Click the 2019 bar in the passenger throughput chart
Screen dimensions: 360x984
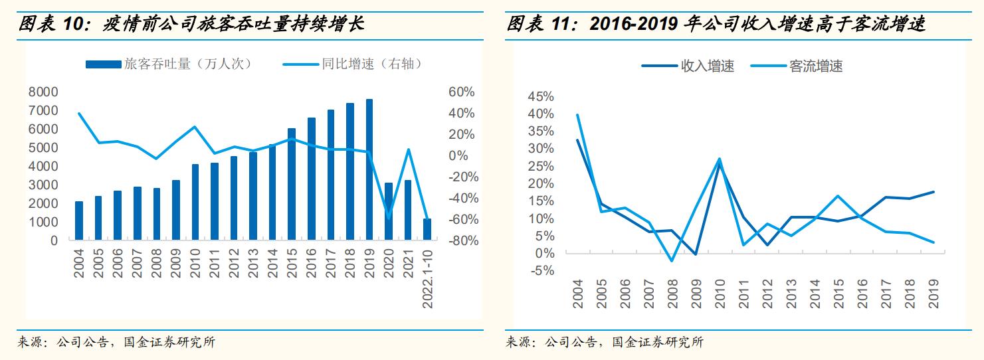(369, 169)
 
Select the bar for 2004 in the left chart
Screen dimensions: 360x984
(79, 221)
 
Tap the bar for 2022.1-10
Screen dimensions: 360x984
(427, 229)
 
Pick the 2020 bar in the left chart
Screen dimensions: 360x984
(389, 211)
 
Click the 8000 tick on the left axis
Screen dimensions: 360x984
(43, 92)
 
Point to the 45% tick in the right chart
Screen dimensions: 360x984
(540, 97)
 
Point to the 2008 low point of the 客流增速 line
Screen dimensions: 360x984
(671, 260)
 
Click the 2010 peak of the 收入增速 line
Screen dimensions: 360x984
(718, 162)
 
